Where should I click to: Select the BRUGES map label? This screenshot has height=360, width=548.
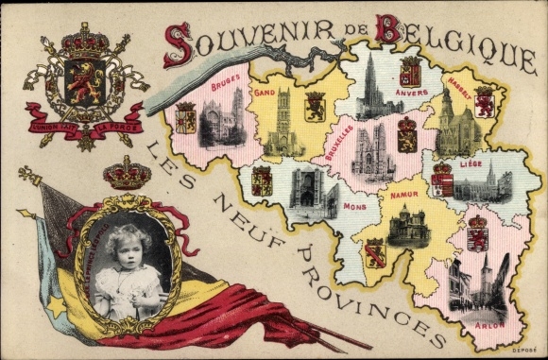224,83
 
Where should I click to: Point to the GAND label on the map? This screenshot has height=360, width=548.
265,93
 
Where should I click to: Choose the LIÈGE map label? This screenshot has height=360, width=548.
470,163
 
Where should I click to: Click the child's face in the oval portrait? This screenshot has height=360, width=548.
128,244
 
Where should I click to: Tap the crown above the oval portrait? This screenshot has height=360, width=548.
127,172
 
